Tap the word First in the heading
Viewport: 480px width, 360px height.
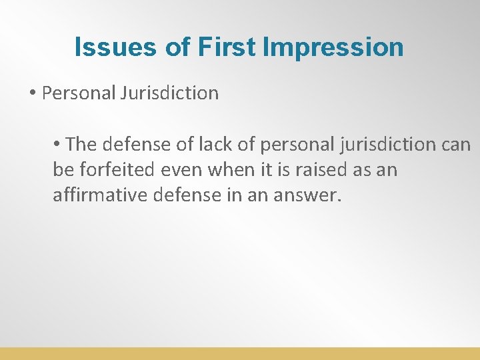tap(225, 47)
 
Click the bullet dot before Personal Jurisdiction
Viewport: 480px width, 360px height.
tap(32, 93)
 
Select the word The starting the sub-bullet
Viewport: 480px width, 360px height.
tap(82, 144)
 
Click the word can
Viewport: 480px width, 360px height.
tap(457, 144)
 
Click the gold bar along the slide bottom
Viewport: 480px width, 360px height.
tap(240, 353)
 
